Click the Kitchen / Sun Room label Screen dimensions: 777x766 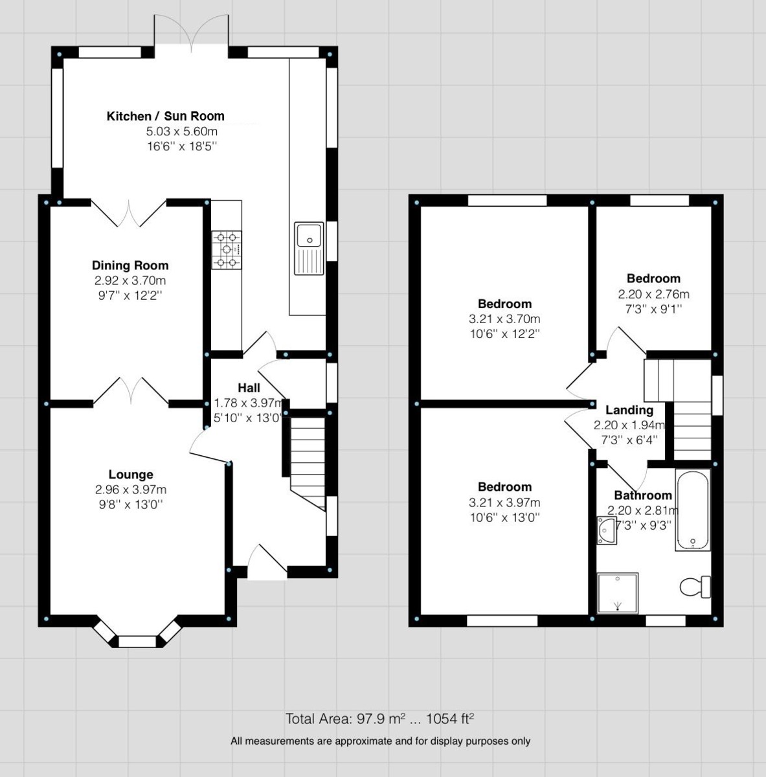point(165,117)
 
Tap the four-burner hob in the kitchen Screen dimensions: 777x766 point(226,249)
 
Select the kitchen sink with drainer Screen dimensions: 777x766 point(310,247)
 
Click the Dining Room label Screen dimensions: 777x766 point(130,265)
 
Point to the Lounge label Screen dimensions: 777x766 point(131,475)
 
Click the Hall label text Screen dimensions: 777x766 point(249,388)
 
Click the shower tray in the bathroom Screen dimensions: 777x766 point(617,592)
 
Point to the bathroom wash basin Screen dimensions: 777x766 point(606,528)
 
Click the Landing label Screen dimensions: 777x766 point(629,410)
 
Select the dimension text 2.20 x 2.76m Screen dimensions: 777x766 point(653,293)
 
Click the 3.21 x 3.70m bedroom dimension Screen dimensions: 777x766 point(504,319)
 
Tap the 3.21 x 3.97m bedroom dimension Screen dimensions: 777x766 point(504,502)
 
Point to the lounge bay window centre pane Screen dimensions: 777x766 point(137,642)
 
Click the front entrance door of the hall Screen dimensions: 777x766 point(267,563)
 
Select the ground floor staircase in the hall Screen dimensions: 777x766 point(307,463)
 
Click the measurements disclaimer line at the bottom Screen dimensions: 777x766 point(380,741)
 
